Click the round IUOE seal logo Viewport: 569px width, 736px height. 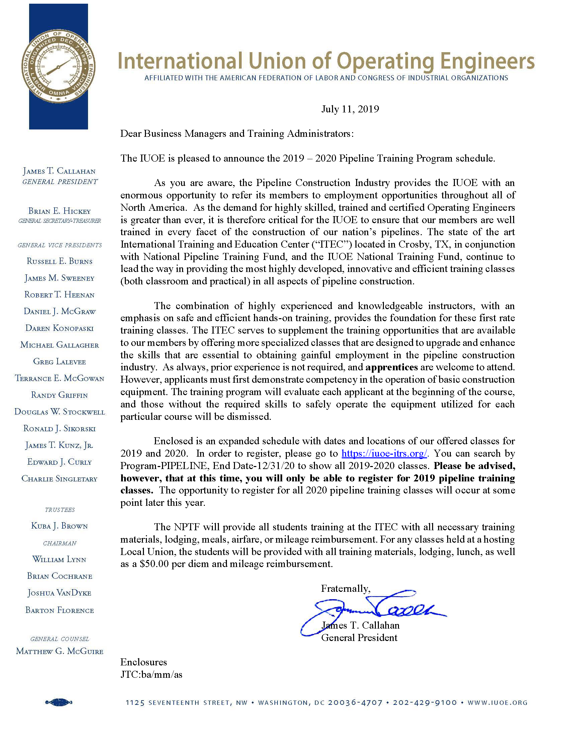pos(58,67)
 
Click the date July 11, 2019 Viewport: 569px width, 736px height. pos(350,109)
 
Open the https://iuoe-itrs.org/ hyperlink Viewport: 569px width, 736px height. pos(384,453)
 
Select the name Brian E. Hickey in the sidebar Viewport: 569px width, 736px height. pos(60,211)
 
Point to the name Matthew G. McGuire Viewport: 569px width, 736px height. pos(60,651)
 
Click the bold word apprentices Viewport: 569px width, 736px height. pos(391,367)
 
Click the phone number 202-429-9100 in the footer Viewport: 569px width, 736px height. pos(425,703)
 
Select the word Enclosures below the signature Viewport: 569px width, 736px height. pos(144,662)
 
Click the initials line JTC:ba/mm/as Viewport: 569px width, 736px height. pos(151,674)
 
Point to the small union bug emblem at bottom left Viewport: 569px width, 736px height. pos(59,702)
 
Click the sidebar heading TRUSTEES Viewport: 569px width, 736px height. pos(60,510)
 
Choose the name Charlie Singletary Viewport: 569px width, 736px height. pos(60,479)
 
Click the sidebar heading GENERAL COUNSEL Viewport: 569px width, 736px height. pos(60,639)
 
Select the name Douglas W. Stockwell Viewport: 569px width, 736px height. pos(60,412)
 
